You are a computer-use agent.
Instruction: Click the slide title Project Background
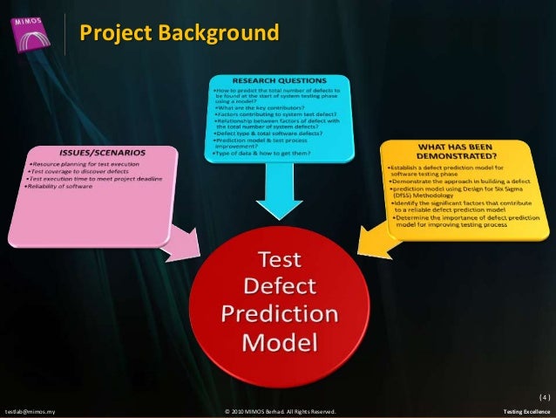pyautogui.click(x=180, y=34)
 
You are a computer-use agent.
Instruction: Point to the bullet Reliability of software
pyautogui.click(x=64, y=187)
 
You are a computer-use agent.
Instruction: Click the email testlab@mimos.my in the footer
pyautogui.click(x=30, y=410)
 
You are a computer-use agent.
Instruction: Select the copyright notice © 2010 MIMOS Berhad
pyautogui.click(x=279, y=410)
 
